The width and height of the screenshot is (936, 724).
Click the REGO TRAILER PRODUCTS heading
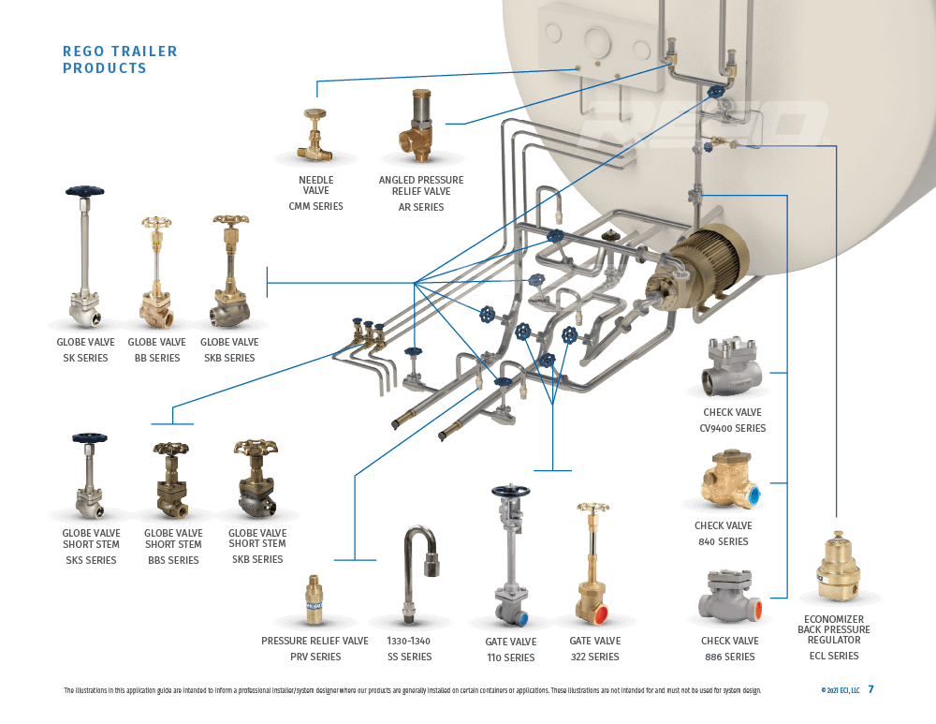[x=119, y=60]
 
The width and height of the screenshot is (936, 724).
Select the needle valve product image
[x=315, y=137]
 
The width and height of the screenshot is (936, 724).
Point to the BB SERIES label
[x=157, y=358]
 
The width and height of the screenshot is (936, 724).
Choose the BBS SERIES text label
[x=172, y=560]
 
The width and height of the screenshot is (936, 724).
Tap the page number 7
[x=870, y=689]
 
